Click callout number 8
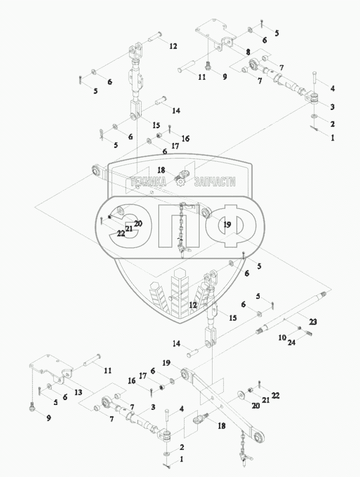248,52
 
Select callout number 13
78,392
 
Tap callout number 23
313,321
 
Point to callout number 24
291,342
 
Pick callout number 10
282,337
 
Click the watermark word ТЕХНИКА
148,182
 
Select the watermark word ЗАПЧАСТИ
215,182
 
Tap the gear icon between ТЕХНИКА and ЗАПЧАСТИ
180,182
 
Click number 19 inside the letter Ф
227,225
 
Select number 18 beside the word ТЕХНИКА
161,170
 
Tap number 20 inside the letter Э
138,223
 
